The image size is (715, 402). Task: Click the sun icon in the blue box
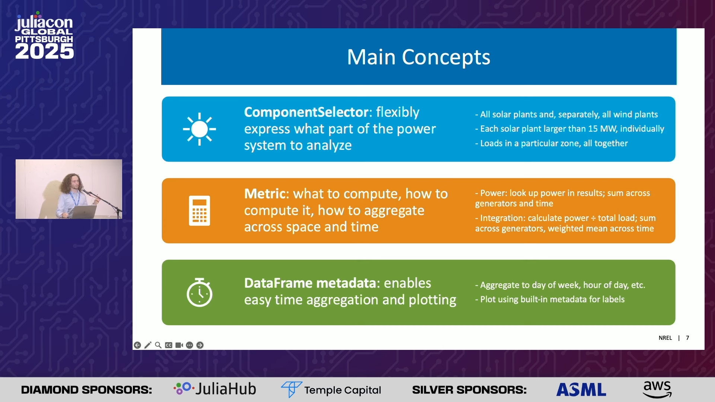click(x=199, y=129)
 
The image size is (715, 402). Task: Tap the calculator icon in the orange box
click(x=200, y=211)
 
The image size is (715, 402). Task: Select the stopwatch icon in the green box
click(x=200, y=292)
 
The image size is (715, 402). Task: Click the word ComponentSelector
click(x=306, y=112)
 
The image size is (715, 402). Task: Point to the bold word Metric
click(x=265, y=194)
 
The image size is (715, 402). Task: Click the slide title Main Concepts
click(x=419, y=57)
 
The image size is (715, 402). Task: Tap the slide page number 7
click(x=687, y=338)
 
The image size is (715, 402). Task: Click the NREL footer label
click(x=665, y=338)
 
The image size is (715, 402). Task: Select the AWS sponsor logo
click(x=657, y=389)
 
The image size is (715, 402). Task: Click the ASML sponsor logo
click(x=581, y=390)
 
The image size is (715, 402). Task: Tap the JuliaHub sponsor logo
click(x=215, y=389)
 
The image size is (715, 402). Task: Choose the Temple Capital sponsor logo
click(x=331, y=390)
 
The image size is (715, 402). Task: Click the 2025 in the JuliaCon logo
click(x=44, y=51)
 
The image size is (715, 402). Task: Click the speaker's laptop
click(x=83, y=212)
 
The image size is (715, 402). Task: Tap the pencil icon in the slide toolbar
click(x=148, y=345)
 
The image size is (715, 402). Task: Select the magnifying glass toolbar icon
click(x=158, y=345)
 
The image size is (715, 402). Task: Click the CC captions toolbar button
click(x=169, y=345)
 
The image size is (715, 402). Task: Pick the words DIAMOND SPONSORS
click(x=86, y=390)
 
